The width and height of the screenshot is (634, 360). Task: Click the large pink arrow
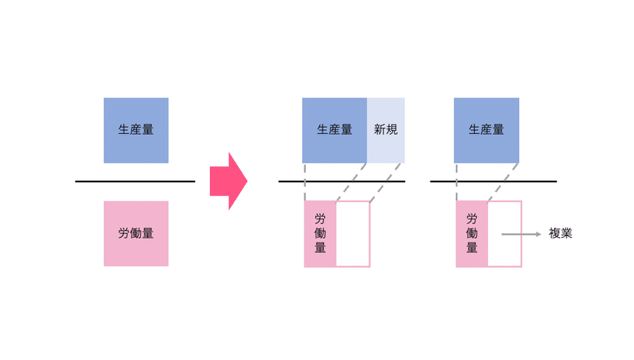click(x=228, y=182)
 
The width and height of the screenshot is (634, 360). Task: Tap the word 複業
click(x=560, y=233)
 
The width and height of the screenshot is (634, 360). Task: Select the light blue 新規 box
click(x=386, y=130)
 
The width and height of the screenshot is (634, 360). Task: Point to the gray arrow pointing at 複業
click(x=521, y=234)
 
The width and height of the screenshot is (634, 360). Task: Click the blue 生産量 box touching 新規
click(x=334, y=130)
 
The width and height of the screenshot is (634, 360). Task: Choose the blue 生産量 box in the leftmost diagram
click(x=136, y=130)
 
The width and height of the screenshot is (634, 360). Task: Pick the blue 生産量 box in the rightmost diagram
click(x=487, y=130)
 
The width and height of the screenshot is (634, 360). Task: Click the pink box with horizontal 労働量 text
click(x=136, y=233)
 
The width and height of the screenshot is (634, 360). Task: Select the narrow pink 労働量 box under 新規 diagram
click(x=320, y=234)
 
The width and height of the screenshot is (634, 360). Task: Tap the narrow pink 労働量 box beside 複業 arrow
click(x=472, y=234)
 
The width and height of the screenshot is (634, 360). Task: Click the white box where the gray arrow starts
click(x=505, y=234)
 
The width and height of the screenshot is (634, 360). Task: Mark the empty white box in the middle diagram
click(x=353, y=234)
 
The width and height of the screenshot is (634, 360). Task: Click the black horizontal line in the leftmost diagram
click(x=135, y=182)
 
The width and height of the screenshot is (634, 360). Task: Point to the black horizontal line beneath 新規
click(x=342, y=182)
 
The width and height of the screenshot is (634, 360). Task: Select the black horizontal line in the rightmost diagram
click(x=493, y=182)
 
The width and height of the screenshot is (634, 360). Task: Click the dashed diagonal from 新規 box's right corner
click(x=385, y=182)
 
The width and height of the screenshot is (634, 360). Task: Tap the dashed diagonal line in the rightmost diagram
click(x=503, y=182)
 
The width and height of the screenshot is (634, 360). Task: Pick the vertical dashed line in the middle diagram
click(x=305, y=182)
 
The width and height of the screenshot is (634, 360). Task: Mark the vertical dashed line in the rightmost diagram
click(x=456, y=182)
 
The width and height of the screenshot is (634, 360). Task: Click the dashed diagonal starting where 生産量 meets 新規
click(x=351, y=182)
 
